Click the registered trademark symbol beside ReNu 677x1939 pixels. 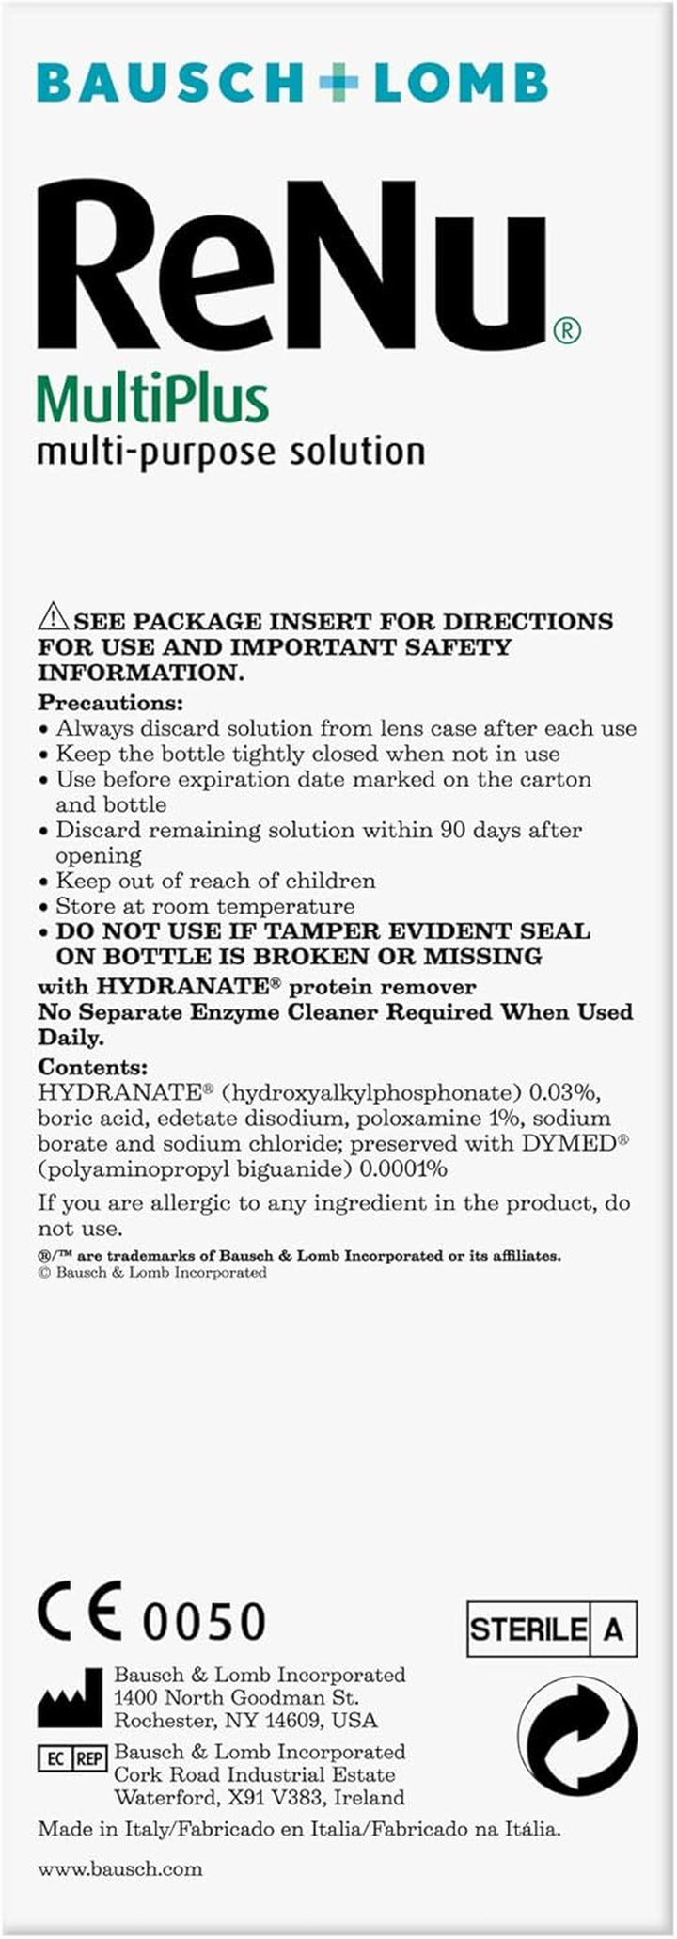[x=566, y=329]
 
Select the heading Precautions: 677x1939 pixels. [x=110, y=703]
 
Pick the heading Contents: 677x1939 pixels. [x=92, y=1067]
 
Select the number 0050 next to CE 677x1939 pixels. [x=204, y=1621]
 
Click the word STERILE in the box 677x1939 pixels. [x=528, y=1629]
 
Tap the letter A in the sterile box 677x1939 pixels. [x=613, y=1629]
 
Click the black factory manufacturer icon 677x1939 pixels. [x=70, y=1698]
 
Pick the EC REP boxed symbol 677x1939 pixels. [x=71, y=1758]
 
